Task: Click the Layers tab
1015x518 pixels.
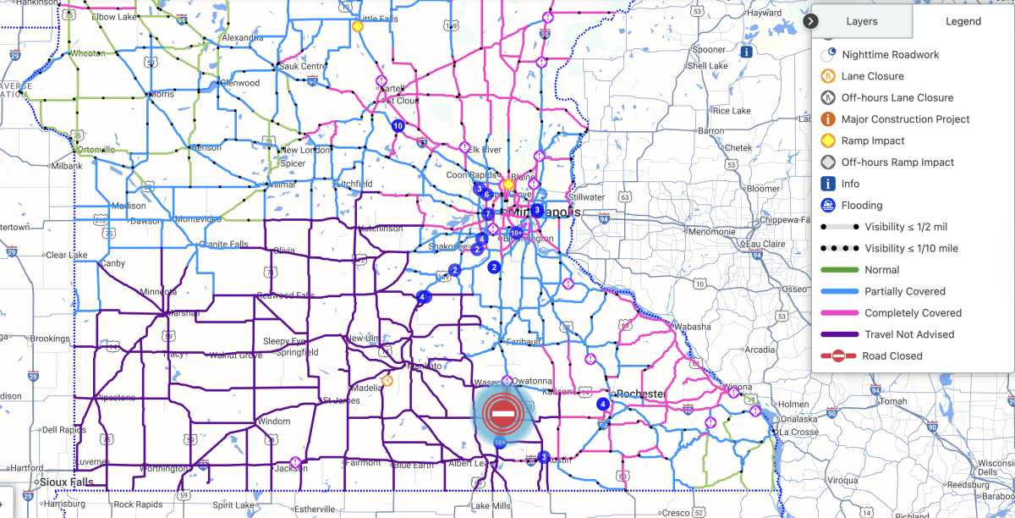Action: [x=862, y=21]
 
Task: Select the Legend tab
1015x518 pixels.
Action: [x=963, y=21]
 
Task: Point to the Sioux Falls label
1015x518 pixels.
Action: [x=65, y=482]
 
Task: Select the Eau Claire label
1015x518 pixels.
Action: [x=767, y=245]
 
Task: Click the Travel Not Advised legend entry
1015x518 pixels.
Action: [x=909, y=334]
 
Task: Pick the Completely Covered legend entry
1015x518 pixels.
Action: [x=913, y=313]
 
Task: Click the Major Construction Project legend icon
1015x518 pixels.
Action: [x=828, y=119]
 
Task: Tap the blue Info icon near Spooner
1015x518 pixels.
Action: [x=746, y=52]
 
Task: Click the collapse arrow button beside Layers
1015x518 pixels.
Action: [x=811, y=20]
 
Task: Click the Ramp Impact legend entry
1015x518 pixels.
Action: [x=873, y=141]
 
